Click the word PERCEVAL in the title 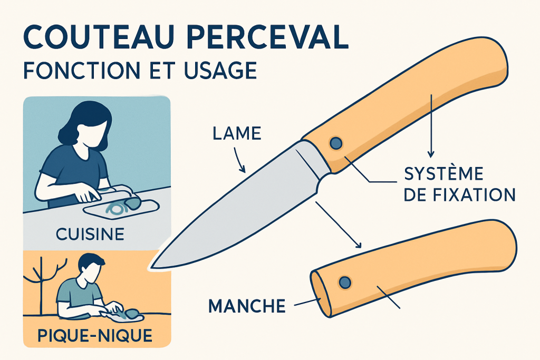click(x=267, y=36)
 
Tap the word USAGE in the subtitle click(x=220, y=70)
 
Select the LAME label click(x=237, y=133)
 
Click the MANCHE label click(x=247, y=306)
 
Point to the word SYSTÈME click(x=443, y=173)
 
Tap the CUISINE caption click(x=90, y=235)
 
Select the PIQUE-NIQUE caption click(x=95, y=336)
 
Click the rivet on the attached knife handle click(x=336, y=143)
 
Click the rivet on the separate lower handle click(x=345, y=283)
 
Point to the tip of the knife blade click(x=151, y=267)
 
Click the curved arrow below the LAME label click(x=239, y=160)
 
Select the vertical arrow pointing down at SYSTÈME click(x=431, y=126)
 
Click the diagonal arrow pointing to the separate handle click(x=339, y=225)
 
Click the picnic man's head click(x=90, y=268)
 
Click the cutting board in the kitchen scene click(x=121, y=208)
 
